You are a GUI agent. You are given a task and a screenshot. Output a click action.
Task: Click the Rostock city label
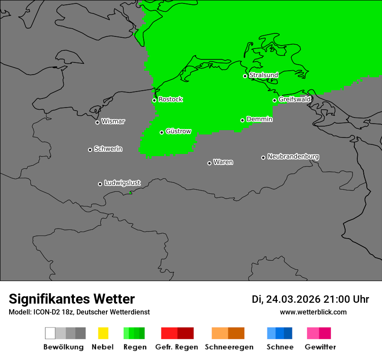pyautogui.click(x=171, y=99)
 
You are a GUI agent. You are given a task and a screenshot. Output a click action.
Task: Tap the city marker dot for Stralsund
pyautogui.click(x=245, y=76)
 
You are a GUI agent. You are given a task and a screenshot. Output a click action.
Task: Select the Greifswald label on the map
pyautogui.click(x=295, y=99)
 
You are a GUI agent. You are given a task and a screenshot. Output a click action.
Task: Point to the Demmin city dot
pyautogui.click(x=243, y=120)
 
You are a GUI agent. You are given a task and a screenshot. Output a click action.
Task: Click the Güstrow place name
pyautogui.click(x=178, y=131)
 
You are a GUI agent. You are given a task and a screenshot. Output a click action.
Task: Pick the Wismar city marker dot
pyautogui.click(x=97, y=122)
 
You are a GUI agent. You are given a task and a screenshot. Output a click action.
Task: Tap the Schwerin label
pyautogui.click(x=108, y=149)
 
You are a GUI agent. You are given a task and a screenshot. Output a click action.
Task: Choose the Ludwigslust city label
pyautogui.click(x=122, y=183)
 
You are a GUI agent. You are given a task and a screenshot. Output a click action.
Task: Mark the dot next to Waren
pyautogui.click(x=209, y=163)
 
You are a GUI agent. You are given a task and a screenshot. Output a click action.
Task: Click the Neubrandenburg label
pyautogui.click(x=293, y=157)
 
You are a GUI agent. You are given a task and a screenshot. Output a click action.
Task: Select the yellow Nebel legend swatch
pyautogui.click(x=103, y=333)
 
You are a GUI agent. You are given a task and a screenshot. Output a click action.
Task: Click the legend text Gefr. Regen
pyautogui.click(x=176, y=347)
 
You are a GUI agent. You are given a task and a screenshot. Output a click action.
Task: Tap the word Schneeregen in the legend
pyautogui.click(x=229, y=347)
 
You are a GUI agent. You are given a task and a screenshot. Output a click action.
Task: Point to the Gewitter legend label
pyautogui.click(x=320, y=347)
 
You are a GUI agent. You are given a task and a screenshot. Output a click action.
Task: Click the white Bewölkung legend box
pyautogui.click(x=50, y=333)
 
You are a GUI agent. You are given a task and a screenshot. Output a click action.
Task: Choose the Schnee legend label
pyautogui.click(x=280, y=347)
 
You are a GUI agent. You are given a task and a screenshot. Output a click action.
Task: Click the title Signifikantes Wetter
pyautogui.click(x=72, y=299)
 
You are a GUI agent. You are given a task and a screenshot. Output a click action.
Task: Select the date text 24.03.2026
pyautogui.click(x=293, y=299)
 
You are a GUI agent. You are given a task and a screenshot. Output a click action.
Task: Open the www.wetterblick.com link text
pyautogui.click(x=313, y=312)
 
